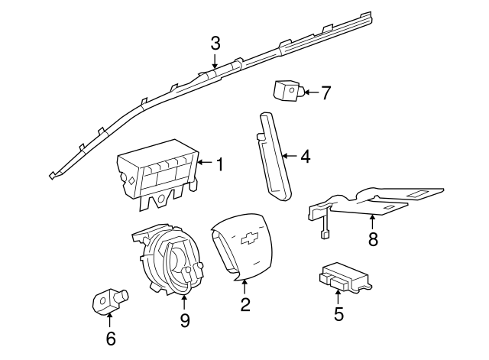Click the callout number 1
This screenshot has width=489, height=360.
pyautogui.click(x=219, y=163)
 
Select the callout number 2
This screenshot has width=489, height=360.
pyautogui.click(x=245, y=305)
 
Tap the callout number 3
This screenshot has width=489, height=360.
pyautogui.click(x=215, y=42)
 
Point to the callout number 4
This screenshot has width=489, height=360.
pyautogui.click(x=305, y=157)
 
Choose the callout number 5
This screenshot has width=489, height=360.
pyautogui.click(x=338, y=313)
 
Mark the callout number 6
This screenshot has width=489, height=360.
pyautogui.click(x=110, y=338)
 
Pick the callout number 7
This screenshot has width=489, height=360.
pyautogui.click(x=325, y=93)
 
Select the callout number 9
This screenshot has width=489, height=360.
pyautogui.click(x=184, y=320)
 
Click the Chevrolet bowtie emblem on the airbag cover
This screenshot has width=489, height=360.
pyautogui.click(x=248, y=237)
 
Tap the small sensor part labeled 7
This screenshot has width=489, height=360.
pyautogui.click(x=286, y=91)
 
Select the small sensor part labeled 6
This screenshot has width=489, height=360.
pyautogui.click(x=107, y=300)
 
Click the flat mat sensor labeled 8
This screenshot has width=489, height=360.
pyautogui.click(x=382, y=199)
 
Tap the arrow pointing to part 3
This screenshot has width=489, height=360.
pyautogui.click(x=215, y=61)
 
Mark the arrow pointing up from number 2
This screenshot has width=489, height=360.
pyautogui.click(x=245, y=287)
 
